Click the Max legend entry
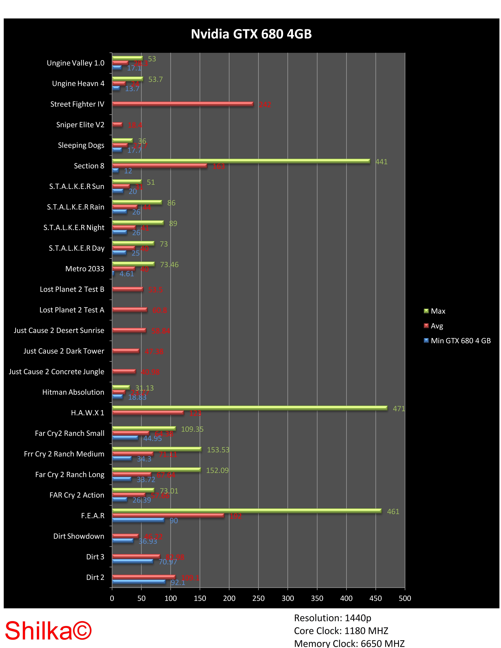(437, 311)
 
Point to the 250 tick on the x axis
(258, 598)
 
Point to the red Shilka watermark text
(48, 631)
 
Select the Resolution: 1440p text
(332, 618)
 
